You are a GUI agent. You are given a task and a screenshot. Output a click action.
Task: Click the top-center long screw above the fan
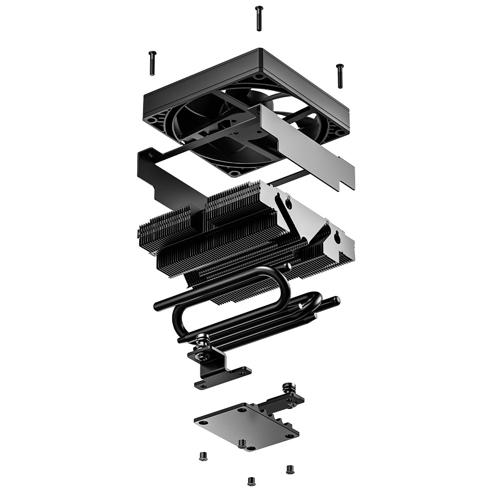coord(259,18)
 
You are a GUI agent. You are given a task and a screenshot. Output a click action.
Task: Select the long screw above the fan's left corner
coord(152,63)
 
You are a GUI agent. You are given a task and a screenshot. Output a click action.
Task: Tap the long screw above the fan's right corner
coord(339,75)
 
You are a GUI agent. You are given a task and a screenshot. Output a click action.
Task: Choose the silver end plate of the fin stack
coord(313,215)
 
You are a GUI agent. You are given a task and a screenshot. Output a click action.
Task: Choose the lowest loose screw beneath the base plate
coord(251,481)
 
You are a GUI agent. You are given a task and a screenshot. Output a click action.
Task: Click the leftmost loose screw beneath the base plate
coord(202,455)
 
